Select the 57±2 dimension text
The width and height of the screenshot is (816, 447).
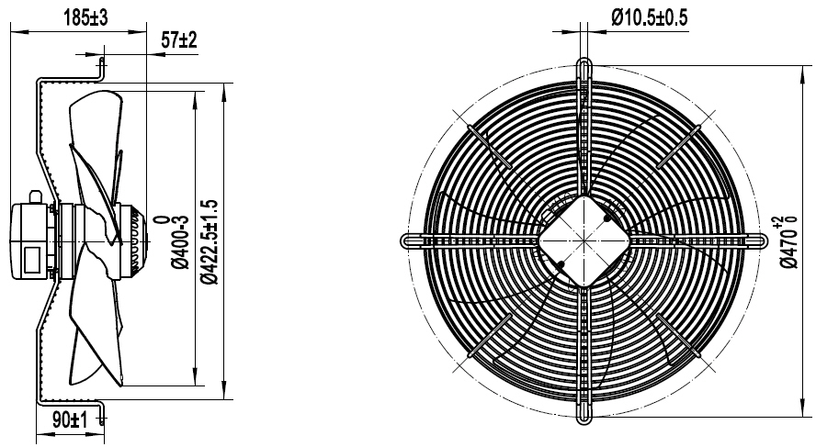click(x=178, y=40)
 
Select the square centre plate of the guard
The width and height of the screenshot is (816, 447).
click(x=583, y=240)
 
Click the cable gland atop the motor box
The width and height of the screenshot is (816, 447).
click(x=36, y=195)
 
